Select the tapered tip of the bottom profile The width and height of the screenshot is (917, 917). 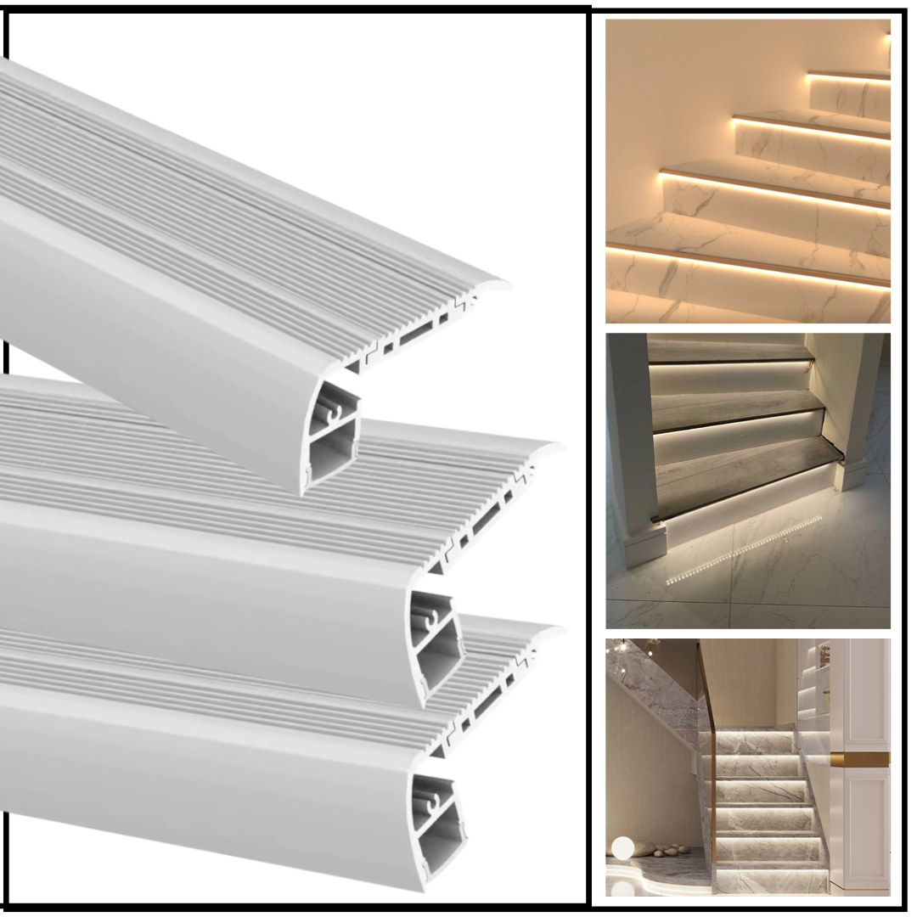(556, 630)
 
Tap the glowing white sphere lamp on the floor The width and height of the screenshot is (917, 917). (622, 847)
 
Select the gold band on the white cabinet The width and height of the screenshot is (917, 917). (859, 759)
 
